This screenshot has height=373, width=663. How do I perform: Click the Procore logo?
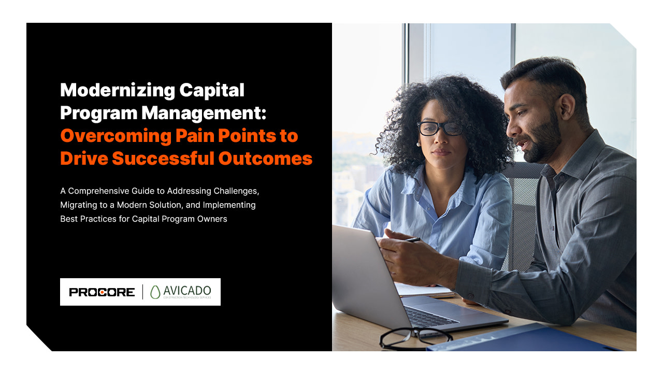click(102, 292)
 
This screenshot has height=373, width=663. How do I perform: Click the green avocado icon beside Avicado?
click(155, 292)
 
